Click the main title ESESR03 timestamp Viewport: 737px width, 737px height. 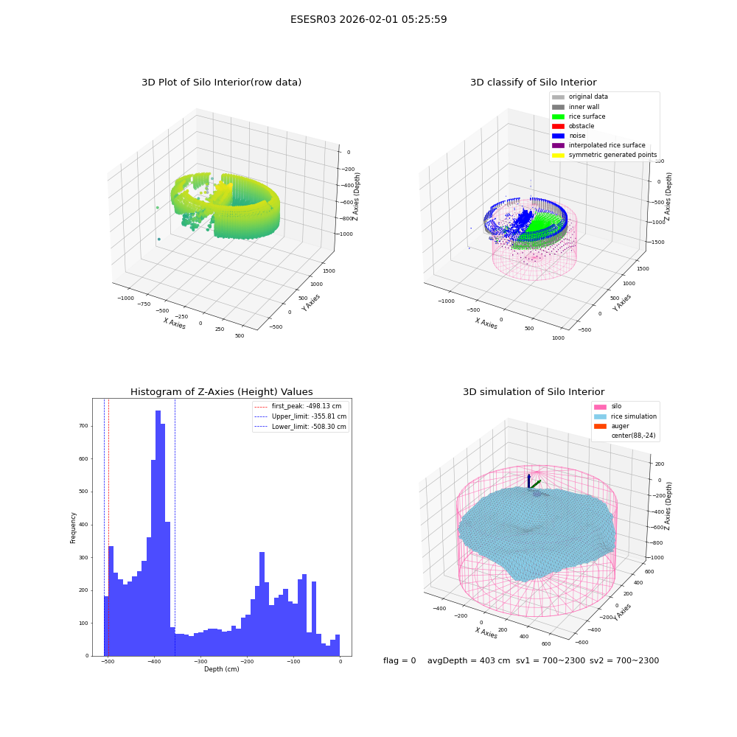point(368,19)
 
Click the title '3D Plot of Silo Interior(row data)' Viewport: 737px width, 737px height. point(221,83)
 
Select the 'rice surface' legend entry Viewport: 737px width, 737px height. point(579,116)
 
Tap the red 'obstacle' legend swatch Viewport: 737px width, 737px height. point(558,126)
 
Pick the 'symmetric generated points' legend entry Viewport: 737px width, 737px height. point(604,155)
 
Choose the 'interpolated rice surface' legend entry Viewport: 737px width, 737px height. point(598,145)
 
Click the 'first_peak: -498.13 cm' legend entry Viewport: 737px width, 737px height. point(298,406)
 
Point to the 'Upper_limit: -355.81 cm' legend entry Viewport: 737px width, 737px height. point(301,416)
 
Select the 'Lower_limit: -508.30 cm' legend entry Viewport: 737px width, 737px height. point(301,427)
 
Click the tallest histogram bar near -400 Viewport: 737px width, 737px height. point(158,533)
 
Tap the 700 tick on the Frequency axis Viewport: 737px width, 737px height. point(83,426)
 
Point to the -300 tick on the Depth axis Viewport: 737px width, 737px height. point(200,661)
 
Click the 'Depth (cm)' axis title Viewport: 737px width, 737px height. point(221,669)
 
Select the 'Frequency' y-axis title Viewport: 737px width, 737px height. point(73,528)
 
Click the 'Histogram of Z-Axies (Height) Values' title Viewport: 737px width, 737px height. point(221,391)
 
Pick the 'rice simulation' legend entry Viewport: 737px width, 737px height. point(625,416)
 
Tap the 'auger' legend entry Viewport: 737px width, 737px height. point(612,426)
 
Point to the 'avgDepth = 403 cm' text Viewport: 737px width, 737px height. point(469,660)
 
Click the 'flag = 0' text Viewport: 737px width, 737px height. point(399,660)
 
